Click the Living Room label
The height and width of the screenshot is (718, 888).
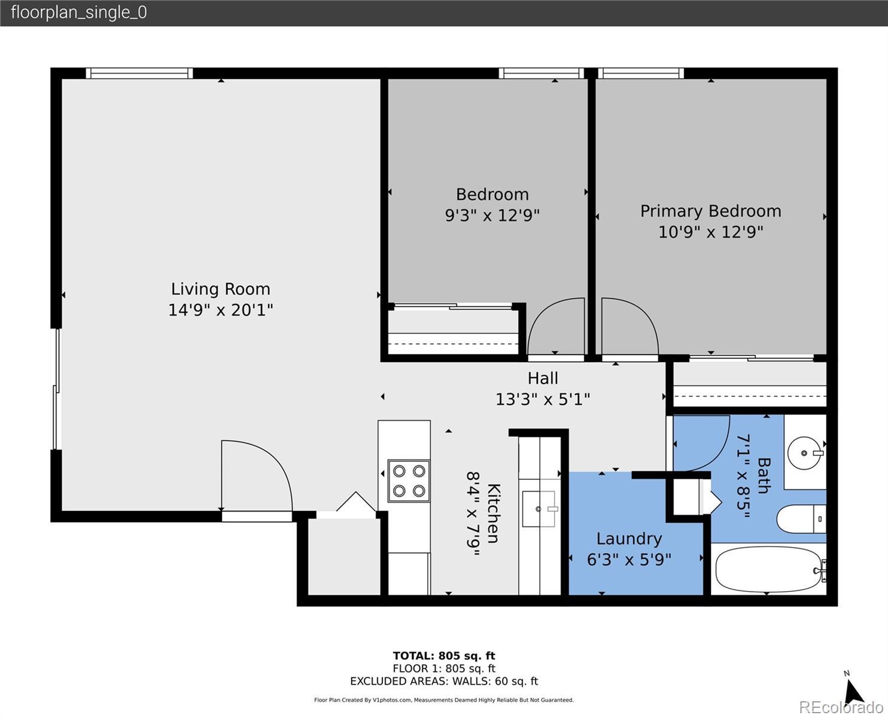pyautogui.click(x=221, y=289)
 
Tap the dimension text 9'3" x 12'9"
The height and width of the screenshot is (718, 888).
pyautogui.click(x=492, y=215)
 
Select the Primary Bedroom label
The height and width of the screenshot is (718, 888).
pyautogui.click(x=711, y=211)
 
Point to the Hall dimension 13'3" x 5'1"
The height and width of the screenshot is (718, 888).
pyautogui.click(x=542, y=399)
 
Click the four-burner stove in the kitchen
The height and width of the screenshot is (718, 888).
pyautogui.click(x=409, y=481)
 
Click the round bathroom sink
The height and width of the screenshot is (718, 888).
pyautogui.click(x=805, y=453)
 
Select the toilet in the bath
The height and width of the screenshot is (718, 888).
pyautogui.click(x=801, y=519)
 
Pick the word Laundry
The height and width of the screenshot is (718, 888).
pyautogui.click(x=629, y=539)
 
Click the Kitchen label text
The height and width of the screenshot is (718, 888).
pyautogui.click(x=493, y=513)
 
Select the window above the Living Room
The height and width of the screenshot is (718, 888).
pyautogui.click(x=139, y=74)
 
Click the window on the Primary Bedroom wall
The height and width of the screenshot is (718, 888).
pyautogui.click(x=641, y=74)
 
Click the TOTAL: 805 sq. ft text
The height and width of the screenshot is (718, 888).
pyautogui.click(x=444, y=656)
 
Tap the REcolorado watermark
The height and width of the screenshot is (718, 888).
pyautogui.click(x=841, y=707)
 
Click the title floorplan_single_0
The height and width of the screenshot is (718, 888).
pyautogui.click(x=79, y=13)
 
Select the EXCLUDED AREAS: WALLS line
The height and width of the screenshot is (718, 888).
pyautogui.click(x=444, y=681)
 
